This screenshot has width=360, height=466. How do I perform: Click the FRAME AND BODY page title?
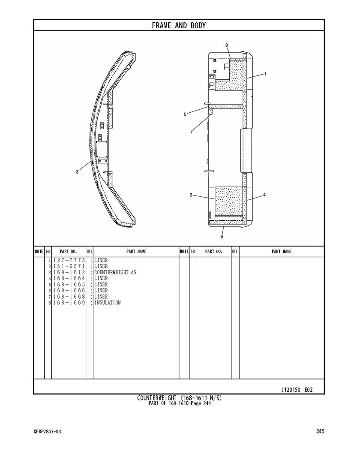[179, 26]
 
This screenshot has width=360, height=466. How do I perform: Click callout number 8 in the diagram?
[227, 45]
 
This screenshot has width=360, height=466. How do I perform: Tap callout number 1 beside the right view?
[265, 74]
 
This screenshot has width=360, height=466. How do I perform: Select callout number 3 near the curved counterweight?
[77, 172]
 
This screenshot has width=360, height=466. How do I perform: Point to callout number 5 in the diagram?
[185, 114]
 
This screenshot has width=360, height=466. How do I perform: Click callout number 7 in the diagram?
[192, 132]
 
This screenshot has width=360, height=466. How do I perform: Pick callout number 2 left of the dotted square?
[191, 195]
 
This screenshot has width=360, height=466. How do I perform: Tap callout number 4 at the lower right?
[264, 195]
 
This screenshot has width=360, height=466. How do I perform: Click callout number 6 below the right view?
[222, 237]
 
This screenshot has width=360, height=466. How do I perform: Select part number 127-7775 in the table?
[69, 260]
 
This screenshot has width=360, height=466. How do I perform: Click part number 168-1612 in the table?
[69, 273]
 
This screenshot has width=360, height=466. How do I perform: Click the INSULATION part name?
[108, 303]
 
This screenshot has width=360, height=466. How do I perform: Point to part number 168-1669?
[69, 303]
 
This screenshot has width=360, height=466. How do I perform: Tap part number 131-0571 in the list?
[69, 266]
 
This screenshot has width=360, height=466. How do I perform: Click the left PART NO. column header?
[68, 251]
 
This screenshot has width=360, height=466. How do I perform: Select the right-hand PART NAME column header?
[282, 251]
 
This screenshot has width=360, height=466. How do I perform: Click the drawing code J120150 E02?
[297, 390]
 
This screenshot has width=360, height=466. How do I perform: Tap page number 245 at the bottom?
[320, 431]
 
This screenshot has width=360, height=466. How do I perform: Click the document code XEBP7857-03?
[47, 432]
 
